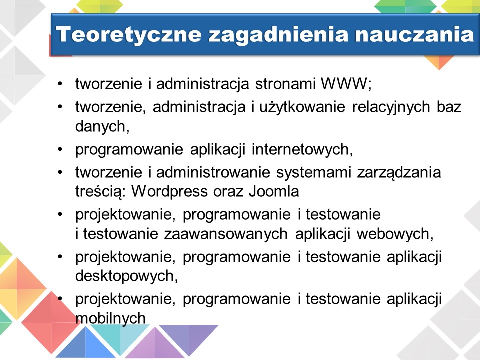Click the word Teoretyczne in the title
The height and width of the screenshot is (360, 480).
pyautogui.click(x=129, y=34)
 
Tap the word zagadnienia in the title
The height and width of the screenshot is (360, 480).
pyautogui.click(x=278, y=34)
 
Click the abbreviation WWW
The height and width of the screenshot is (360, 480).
pyautogui.click(x=344, y=83)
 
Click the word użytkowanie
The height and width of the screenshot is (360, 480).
pyautogui.click(x=302, y=107)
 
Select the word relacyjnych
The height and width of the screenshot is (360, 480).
pyautogui.click(x=391, y=107)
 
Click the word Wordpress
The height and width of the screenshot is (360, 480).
pyautogui.click(x=169, y=192)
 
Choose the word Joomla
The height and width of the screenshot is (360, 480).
pyautogui.click(x=274, y=191)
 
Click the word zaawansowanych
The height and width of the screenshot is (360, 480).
pyautogui.click(x=226, y=234)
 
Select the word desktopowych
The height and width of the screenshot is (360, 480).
pyautogui.click(x=125, y=276)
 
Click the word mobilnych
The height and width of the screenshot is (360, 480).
pyautogui.click(x=110, y=318)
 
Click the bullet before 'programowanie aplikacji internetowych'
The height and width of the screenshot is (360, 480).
pyautogui.click(x=60, y=149)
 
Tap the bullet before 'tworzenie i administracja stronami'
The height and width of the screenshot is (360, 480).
pyautogui.click(x=60, y=83)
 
